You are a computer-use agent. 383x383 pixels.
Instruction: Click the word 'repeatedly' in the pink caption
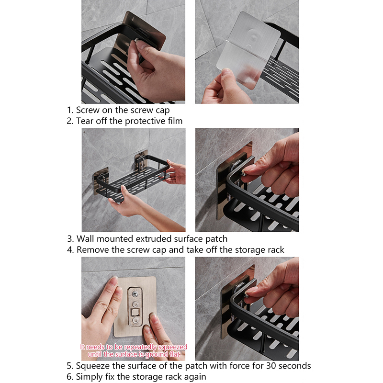(140, 347)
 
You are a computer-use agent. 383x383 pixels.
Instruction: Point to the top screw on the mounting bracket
(135, 293)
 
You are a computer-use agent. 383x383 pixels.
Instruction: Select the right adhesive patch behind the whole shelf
(141, 161)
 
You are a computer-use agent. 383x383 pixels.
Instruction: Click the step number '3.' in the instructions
(70, 238)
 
